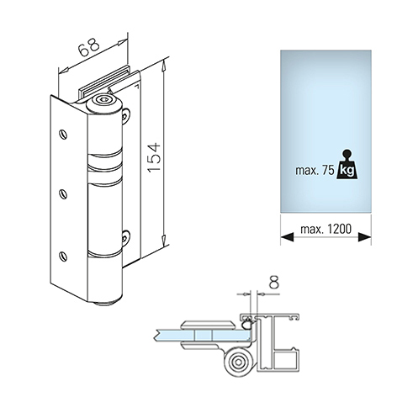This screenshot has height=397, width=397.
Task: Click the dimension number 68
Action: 88,46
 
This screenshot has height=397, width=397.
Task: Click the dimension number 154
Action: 154,157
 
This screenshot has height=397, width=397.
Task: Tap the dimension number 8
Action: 274,283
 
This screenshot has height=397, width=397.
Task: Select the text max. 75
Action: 315,171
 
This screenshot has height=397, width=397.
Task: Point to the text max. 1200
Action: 326,229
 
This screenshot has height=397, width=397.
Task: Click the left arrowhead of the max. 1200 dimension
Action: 287,237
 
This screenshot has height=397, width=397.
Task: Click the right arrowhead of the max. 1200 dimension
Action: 364,237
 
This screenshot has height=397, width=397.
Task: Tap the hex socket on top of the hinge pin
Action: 104,100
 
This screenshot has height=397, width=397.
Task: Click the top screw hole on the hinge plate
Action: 63,135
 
